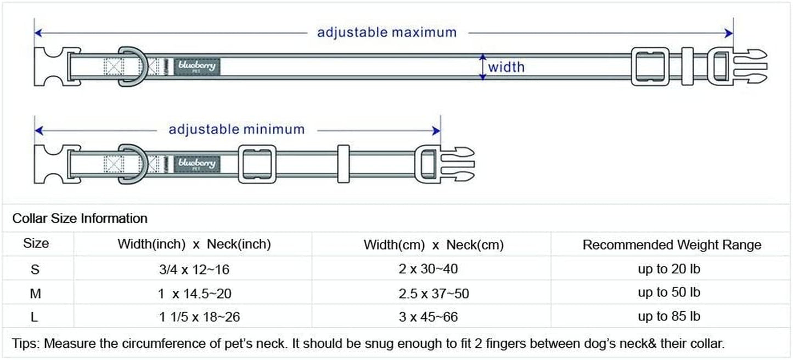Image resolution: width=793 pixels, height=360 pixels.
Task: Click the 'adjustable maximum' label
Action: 387,32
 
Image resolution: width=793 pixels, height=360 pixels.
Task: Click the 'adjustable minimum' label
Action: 236,130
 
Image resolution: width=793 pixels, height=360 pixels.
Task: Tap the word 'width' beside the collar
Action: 506,67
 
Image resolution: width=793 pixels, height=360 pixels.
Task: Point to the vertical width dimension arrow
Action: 482,67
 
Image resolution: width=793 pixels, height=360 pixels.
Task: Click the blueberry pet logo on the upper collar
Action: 198,67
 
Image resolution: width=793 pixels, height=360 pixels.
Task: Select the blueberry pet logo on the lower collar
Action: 198,164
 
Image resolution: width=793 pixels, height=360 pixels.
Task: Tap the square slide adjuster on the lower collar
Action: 257,163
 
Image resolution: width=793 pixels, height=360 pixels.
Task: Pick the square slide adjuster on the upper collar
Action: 650,67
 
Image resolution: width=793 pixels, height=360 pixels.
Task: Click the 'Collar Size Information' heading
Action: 80,218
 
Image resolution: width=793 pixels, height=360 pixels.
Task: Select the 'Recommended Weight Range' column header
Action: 672,245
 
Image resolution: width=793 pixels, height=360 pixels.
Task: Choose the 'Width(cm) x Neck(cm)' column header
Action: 434,245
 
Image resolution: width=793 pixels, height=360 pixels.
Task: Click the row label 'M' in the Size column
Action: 36,294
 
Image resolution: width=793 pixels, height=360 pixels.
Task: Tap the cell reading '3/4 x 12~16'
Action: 194,269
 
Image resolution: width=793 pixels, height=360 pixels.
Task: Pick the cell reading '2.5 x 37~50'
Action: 434,294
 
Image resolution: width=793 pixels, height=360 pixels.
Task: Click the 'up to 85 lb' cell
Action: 669,317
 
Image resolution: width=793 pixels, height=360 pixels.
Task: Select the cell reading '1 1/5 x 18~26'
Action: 199,317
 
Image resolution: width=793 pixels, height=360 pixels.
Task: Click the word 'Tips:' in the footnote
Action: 26,345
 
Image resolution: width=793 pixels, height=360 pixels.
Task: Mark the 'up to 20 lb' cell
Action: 669,269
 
